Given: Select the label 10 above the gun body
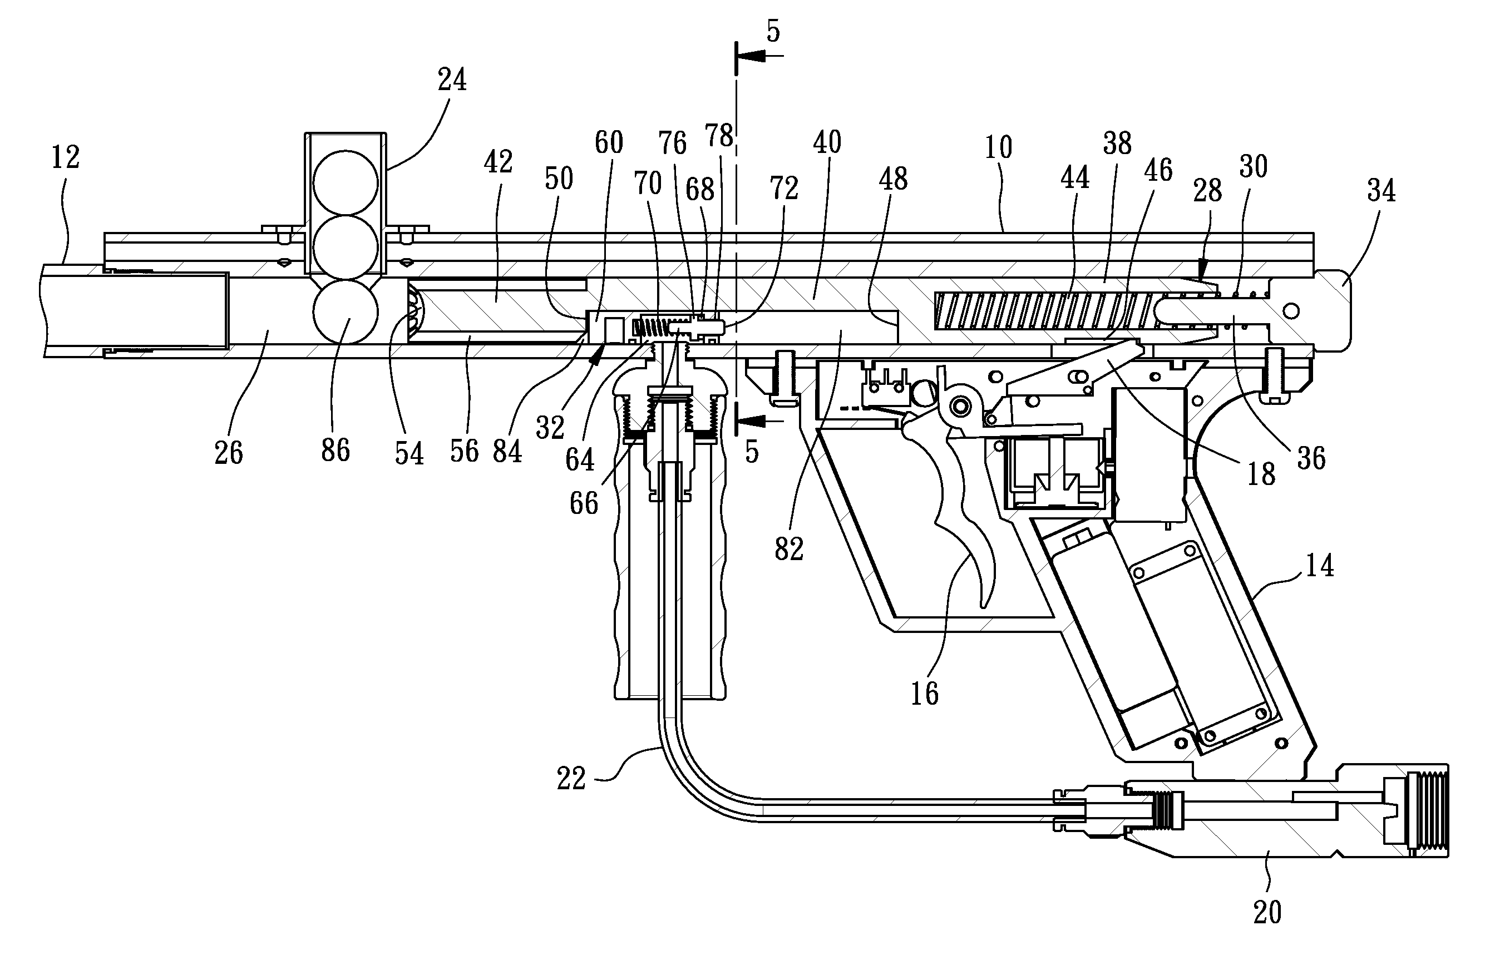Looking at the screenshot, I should [998, 148].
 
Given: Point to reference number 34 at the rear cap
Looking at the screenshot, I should [1381, 191].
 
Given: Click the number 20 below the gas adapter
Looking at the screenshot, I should [1267, 913].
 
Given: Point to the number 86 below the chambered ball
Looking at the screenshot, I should [336, 450].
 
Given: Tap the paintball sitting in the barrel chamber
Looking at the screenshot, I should [346, 311].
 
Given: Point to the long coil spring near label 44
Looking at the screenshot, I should [1041, 310].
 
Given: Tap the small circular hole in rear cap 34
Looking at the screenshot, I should [1290, 310].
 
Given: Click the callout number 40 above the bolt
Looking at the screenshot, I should [827, 143].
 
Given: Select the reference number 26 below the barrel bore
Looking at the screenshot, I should [228, 453].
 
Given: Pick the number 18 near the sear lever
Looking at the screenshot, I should [1261, 474].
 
